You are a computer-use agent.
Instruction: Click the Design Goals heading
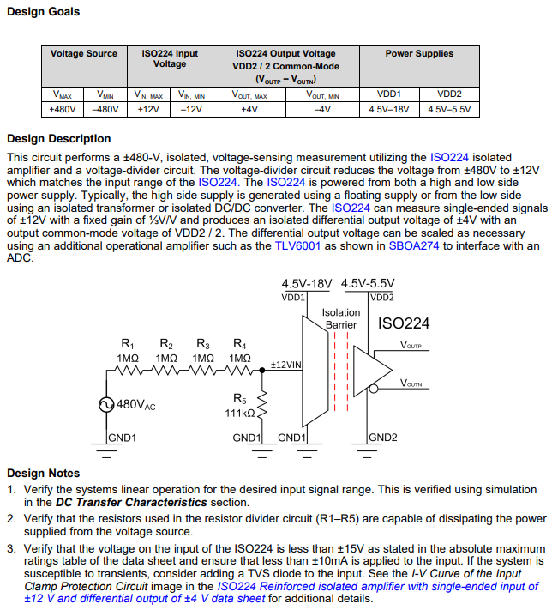coord(43,12)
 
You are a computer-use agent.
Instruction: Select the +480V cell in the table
coord(62,110)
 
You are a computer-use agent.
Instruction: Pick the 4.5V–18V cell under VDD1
coord(388,110)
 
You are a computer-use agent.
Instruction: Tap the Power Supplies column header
coord(418,54)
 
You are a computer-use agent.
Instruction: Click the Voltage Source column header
coord(84,54)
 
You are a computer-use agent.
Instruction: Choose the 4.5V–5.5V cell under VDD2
coord(449,110)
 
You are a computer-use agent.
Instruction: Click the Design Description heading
coord(58,139)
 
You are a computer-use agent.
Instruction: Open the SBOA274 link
coord(413,246)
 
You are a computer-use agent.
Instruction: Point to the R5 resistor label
coord(239,398)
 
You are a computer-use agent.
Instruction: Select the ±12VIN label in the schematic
coord(285,365)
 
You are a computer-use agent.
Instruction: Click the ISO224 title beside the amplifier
coord(404,323)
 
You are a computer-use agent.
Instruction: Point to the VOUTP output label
coord(411,345)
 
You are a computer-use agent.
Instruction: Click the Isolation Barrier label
coord(340,319)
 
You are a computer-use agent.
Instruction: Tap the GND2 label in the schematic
coord(384,438)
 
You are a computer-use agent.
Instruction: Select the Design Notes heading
coord(43,473)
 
